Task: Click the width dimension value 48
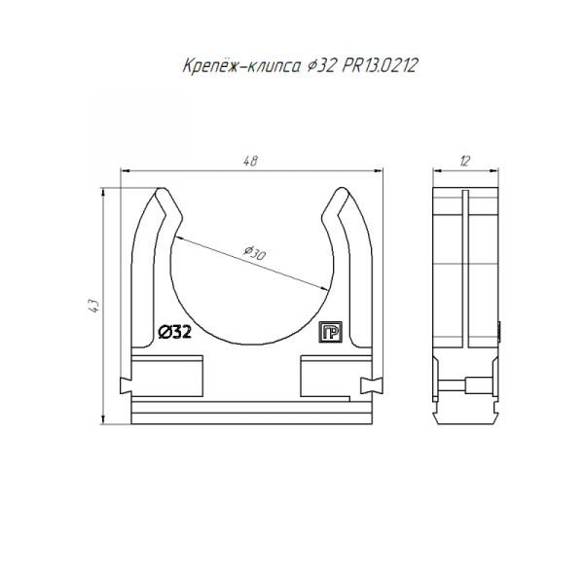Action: pyautogui.click(x=250, y=161)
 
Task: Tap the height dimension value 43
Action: pyautogui.click(x=94, y=306)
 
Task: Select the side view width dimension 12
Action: pyautogui.click(x=465, y=162)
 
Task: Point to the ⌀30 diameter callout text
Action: pyautogui.click(x=255, y=253)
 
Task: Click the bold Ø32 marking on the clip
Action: pyautogui.click(x=175, y=332)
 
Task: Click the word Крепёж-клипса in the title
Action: pyautogui.click(x=241, y=66)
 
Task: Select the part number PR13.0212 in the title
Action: pyautogui.click(x=380, y=65)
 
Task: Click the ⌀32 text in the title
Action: pyautogui.click(x=320, y=66)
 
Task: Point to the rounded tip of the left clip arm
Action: pyautogui.click(x=162, y=191)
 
